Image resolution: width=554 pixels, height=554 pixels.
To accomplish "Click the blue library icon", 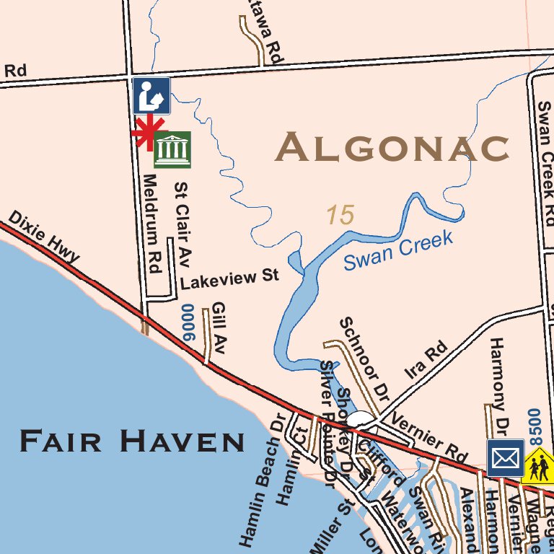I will [x=151, y=96].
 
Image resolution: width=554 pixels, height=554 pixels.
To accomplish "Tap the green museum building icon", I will [x=172, y=149].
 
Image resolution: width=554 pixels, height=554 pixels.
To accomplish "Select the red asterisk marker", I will [x=147, y=132].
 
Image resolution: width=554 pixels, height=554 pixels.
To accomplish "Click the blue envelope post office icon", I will [x=505, y=458].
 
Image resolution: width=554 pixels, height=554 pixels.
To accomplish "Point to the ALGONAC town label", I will [x=392, y=148].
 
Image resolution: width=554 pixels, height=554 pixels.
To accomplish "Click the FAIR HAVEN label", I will [x=132, y=440].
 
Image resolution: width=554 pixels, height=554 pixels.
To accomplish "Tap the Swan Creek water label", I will [x=397, y=250].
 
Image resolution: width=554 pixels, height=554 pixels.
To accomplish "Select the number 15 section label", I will [x=340, y=215].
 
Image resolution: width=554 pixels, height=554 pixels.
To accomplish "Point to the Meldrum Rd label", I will [x=150, y=223].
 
